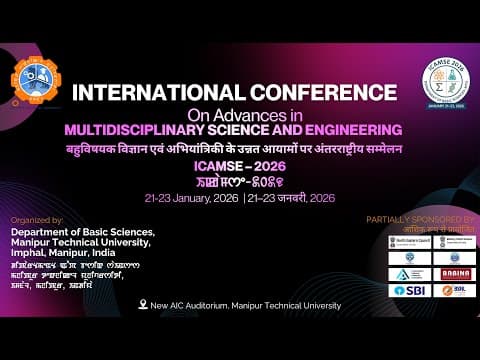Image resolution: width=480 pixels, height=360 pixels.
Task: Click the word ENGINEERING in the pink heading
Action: click(x=326, y=129)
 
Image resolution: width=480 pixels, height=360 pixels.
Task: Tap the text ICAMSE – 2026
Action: click(x=240, y=167)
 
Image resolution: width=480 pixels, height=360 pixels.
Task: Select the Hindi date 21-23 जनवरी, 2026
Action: click(x=290, y=198)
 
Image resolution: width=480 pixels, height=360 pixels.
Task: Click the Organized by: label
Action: click(x=37, y=218)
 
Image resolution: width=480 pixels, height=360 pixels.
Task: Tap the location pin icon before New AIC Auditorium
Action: click(x=143, y=304)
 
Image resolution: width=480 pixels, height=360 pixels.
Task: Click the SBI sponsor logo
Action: click(x=407, y=290)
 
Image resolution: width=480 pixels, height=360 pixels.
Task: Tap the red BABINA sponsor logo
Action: click(x=452, y=273)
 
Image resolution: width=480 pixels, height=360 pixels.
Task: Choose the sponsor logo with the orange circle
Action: click(x=451, y=290)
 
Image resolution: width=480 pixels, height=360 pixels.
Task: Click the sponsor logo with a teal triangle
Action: click(x=407, y=273)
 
